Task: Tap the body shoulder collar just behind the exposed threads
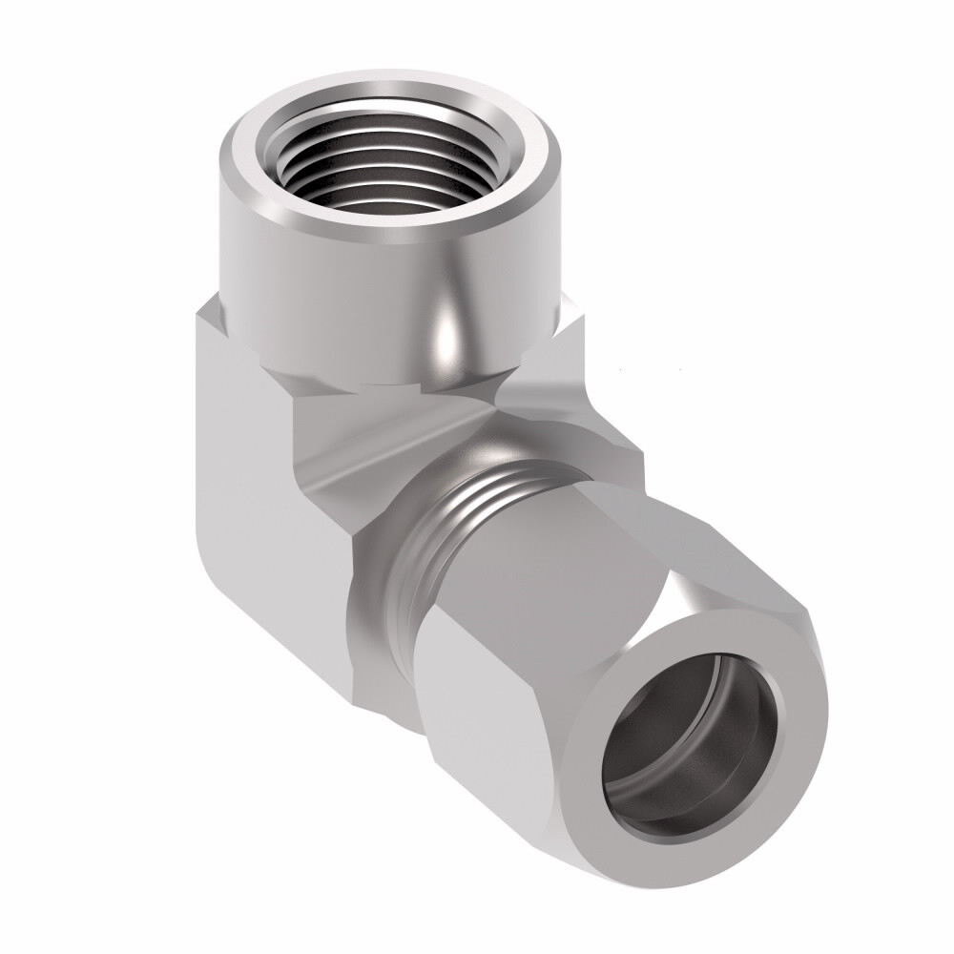[382, 591]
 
